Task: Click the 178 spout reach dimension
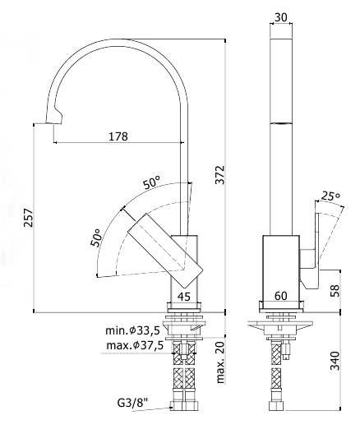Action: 118,136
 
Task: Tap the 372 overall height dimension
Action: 219,175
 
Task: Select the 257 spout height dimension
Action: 28,218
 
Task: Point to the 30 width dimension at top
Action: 281,17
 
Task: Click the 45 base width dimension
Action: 184,297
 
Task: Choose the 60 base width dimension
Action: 281,296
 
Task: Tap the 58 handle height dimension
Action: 335,290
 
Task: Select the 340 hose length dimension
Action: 335,361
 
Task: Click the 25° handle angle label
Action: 330,196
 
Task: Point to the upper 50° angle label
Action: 151,182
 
